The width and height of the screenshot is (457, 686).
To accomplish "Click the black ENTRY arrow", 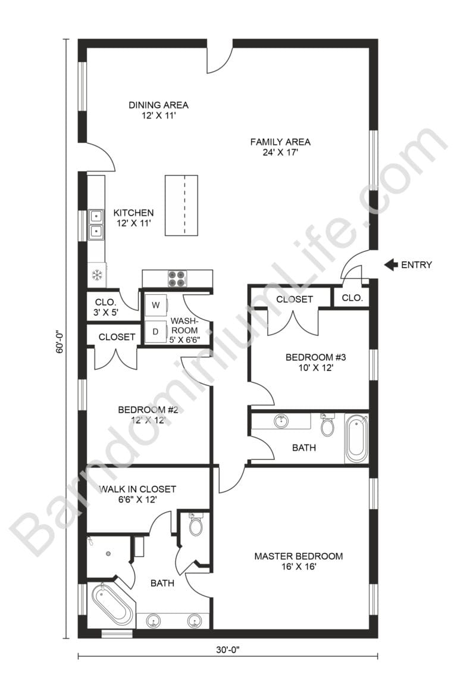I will click(391, 264).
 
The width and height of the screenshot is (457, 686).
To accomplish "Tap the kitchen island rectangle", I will click(181, 205).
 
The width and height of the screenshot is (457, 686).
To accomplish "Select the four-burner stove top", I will click(177, 278).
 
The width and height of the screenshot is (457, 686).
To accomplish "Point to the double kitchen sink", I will click(96, 224).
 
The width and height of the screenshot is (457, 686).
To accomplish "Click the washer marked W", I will click(156, 305).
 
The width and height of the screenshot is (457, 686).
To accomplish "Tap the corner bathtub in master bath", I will click(112, 604).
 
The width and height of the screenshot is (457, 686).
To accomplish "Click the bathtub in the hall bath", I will click(356, 439).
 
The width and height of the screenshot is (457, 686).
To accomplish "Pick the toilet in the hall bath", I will click(327, 425).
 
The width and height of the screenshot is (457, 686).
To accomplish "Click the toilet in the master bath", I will click(196, 525).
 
